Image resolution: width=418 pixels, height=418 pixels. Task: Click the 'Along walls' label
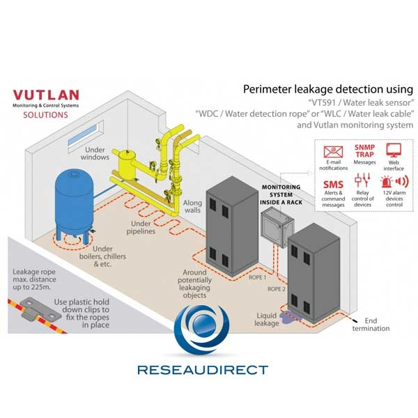click(192, 208)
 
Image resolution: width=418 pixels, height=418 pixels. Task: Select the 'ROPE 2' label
click(277, 288)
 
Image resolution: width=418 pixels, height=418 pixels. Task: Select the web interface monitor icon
click(394, 150)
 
